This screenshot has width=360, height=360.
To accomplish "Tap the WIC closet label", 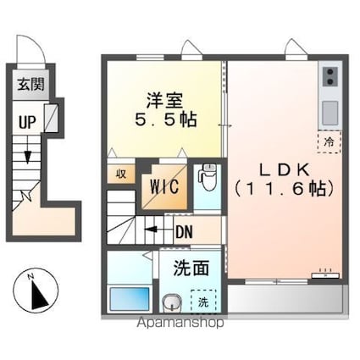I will tap(163, 186).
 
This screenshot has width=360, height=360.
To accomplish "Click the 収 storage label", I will tap(120, 173).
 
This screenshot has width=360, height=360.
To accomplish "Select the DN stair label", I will tap(184, 228).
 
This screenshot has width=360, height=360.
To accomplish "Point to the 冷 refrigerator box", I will tap(327, 142).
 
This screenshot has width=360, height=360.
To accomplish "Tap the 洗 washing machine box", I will tap(203, 301).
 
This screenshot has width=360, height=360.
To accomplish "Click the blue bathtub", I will tap(129, 299).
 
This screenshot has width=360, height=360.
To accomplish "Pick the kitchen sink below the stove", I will tap(329, 109).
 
